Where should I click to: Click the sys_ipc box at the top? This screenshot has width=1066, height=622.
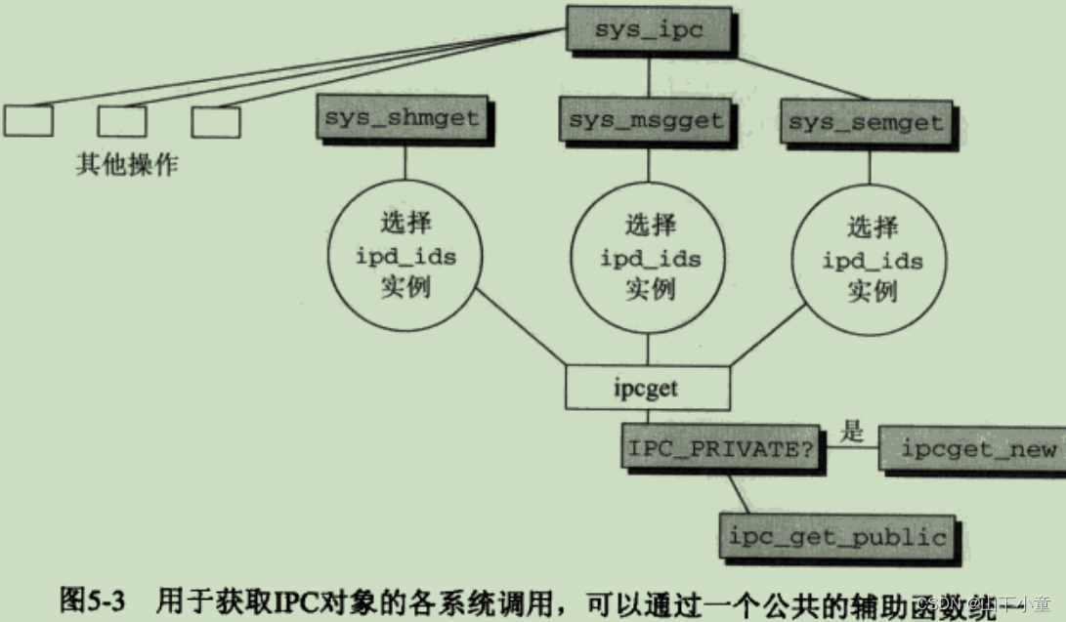click(649, 29)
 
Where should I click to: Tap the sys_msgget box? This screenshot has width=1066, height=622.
click(646, 120)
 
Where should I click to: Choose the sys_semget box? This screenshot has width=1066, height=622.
click(866, 123)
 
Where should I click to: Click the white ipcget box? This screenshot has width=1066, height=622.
click(647, 388)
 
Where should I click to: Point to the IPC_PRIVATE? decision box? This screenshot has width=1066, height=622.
click(721, 448)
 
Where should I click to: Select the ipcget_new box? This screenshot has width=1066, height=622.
click(977, 449)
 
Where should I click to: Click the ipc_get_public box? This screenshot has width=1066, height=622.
click(838, 536)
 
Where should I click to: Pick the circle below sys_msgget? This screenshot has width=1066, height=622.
click(649, 257)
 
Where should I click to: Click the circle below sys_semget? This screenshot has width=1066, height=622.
click(871, 260)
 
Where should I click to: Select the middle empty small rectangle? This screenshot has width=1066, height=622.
click(122, 121)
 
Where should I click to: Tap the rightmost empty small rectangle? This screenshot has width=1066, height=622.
click(216, 121)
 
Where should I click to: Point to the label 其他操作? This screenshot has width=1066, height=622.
click(127, 164)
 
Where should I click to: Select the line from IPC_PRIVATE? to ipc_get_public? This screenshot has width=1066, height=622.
click(740, 491)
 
